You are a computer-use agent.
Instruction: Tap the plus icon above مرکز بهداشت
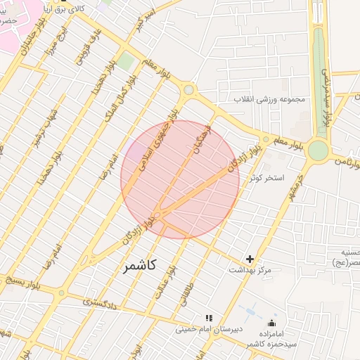(250, 259)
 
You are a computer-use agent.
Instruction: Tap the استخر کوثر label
(265, 177)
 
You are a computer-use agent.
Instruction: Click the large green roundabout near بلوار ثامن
(318, 150)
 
